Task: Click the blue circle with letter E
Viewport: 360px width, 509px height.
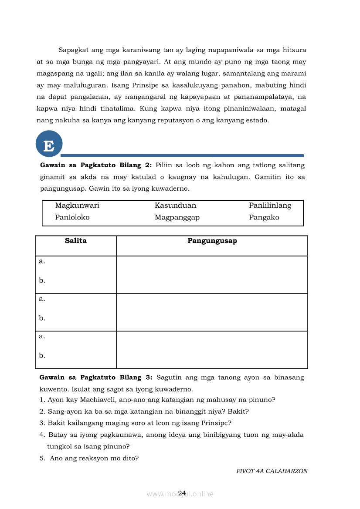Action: point(49,144)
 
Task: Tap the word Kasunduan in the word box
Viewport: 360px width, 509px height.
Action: point(175,206)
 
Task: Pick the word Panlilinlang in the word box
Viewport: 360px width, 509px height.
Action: point(270,206)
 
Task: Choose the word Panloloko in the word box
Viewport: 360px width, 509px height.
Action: point(72,217)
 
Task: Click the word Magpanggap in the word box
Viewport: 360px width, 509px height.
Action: point(177,217)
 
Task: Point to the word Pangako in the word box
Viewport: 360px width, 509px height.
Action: point(264,217)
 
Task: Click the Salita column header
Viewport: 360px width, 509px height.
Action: point(76,241)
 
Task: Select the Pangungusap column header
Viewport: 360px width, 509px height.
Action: point(212,241)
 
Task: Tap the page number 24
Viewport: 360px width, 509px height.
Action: point(182,493)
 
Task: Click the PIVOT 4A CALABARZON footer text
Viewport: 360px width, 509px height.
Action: point(272,471)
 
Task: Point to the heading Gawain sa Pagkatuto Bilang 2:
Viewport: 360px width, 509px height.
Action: point(95,165)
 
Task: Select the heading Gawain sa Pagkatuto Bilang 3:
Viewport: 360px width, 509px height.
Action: point(95,378)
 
